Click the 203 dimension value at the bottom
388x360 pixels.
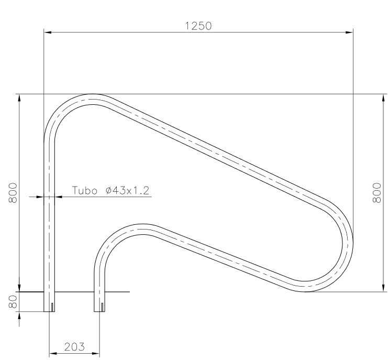tap(74, 346)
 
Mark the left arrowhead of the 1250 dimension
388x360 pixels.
tap(48, 33)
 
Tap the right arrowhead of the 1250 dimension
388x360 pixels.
tap(349, 33)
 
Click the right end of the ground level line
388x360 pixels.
tap(129, 292)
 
